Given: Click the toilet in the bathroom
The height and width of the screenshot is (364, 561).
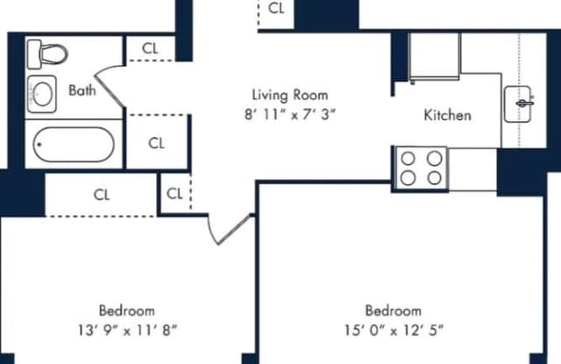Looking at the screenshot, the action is point(47,54).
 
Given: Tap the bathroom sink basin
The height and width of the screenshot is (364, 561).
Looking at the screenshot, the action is point(42,94).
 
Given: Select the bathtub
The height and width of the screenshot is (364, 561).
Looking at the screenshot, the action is point(74,144).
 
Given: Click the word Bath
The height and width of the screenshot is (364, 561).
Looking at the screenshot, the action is point(82,90).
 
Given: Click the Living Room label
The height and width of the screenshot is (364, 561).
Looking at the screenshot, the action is point(290,96).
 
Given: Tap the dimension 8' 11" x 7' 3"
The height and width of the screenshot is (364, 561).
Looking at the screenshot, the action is point(290,115).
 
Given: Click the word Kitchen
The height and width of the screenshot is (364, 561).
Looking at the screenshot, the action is point(447,115).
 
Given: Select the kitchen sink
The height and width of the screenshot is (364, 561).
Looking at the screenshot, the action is point(518,103).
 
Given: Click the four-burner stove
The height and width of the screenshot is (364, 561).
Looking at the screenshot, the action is point(421,168).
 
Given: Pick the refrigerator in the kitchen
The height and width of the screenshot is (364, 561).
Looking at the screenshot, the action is point(435,57).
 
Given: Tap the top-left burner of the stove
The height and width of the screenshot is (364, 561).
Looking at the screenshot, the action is point(408,159).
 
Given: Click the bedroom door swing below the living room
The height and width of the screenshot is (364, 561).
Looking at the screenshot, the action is point(229,229).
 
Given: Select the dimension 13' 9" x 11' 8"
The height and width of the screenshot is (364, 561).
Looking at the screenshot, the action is point(127,330).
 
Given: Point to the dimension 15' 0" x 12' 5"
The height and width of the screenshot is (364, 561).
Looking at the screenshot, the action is point(394,330).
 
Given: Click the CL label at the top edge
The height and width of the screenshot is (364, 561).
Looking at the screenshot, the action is point(276,8).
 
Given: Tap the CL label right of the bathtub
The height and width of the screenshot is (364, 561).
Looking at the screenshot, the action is point(156,144).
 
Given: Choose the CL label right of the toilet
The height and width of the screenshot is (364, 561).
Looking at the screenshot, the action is point(150,48).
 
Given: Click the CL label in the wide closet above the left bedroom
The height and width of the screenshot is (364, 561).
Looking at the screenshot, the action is point(102,195).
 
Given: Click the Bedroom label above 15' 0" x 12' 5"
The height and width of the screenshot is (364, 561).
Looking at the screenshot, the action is point(394,310).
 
